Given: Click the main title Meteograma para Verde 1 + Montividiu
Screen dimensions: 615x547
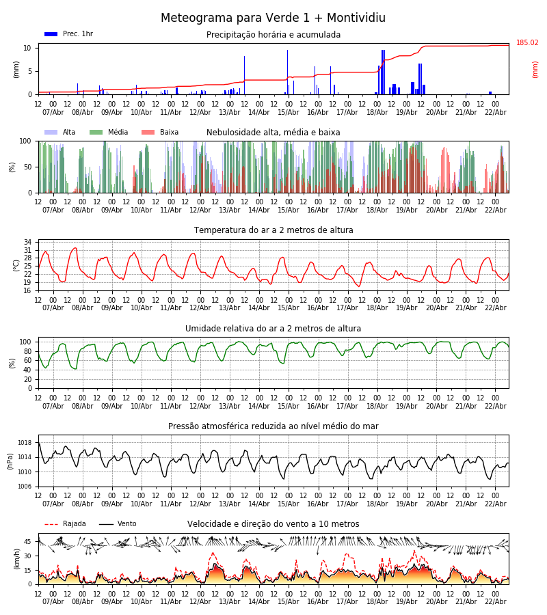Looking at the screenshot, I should [273, 18].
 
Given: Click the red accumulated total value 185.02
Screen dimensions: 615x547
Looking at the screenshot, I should [527, 43].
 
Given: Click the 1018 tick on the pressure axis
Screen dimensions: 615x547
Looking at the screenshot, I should [25, 443].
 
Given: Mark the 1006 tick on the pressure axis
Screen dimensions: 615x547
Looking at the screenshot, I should [25, 487].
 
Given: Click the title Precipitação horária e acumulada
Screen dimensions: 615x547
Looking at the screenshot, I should [273, 35].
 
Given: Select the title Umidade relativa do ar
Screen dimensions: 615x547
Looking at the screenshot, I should [273, 329].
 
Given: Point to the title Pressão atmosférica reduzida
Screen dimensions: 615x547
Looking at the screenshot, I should [273, 426].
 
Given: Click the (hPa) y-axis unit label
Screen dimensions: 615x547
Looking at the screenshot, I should [10, 461].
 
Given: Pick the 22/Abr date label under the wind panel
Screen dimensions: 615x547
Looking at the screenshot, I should [495, 601].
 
